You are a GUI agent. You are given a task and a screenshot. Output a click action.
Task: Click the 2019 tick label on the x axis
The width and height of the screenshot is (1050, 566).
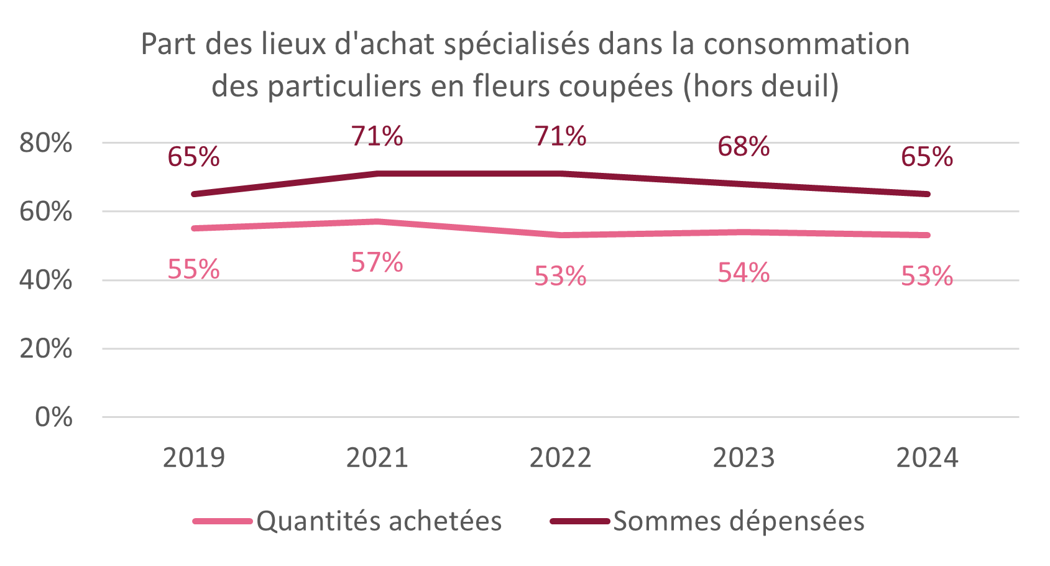tap(193, 458)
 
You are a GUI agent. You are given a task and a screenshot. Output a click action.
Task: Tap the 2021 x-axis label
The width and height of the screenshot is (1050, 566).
tap(377, 458)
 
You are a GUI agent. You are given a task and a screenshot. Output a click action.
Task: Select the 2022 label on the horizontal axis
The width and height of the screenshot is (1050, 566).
tap(560, 458)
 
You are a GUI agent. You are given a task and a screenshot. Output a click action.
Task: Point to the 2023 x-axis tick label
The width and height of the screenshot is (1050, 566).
tap(744, 458)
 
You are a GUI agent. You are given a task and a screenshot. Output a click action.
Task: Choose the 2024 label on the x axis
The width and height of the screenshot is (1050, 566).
tap(927, 458)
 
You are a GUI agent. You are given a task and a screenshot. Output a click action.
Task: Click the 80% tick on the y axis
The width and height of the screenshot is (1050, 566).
tap(46, 143)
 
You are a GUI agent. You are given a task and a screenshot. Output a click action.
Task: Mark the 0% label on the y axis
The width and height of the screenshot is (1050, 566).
tap(54, 417)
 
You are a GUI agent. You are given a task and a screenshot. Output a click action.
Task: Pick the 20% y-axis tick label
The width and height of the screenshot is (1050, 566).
tap(46, 349)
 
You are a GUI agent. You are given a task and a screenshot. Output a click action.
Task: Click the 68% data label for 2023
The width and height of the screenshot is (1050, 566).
tap(744, 147)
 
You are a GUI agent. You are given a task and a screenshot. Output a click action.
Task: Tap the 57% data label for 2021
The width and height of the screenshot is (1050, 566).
tap(377, 262)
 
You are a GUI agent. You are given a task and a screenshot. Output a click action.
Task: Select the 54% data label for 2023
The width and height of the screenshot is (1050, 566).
tap(744, 273)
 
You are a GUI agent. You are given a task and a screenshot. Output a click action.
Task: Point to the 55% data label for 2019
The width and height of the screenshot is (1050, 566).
tap(193, 269)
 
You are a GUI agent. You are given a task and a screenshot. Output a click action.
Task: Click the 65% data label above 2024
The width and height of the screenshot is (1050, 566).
tap(927, 157)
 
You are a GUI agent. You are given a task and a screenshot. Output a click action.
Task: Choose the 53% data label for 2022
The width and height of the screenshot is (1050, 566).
tap(560, 276)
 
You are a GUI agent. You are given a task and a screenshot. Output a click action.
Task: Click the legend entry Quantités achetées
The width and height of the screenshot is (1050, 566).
tap(379, 521)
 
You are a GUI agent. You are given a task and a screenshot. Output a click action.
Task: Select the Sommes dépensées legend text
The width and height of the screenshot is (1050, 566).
tap(739, 521)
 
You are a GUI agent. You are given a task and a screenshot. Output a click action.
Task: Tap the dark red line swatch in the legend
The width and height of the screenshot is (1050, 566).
tap(579, 521)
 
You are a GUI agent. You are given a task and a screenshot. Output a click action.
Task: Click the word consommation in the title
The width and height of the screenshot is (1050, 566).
tap(806, 44)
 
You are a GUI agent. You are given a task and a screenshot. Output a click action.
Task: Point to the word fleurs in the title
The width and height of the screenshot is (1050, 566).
tap(512, 86)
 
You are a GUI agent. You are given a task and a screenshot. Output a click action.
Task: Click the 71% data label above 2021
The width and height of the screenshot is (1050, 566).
tap(377, 136)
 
